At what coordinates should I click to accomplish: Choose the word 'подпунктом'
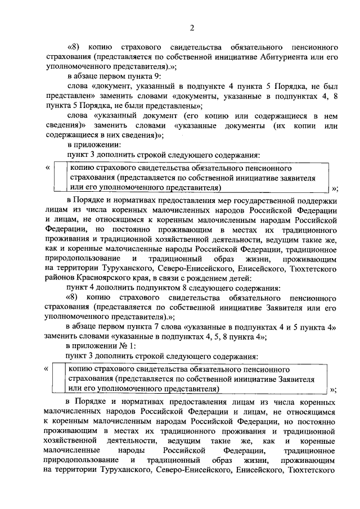(x=140, y=288)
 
